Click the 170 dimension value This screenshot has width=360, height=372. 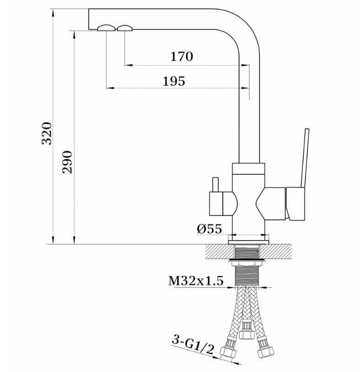pyautogui.click(x=182, y=56)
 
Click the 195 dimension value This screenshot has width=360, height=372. pyautogui.click(x=174, y=81)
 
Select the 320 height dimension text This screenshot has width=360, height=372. pyautogui.click(x=47, y=133)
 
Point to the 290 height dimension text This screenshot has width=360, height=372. pyautogui.click(x=67, y=162)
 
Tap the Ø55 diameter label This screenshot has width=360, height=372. pyautogui.click(x=209, y=229)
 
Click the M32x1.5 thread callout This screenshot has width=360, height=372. pyautogui.click(x=196, y=281)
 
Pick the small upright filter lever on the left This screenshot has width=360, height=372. pyautogui.click(x=216, y=184)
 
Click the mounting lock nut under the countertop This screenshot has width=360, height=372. pyautogui.click(x=247, y=263)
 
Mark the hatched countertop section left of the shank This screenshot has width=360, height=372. pyautogui.click(x=220, y=251)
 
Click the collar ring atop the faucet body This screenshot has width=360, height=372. pyautogui.click(x=248, y=169)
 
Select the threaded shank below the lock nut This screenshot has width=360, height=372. pyautogui.click(x=247, y=275)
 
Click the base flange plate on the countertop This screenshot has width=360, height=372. pyautogui.click(x=248, y=242)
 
